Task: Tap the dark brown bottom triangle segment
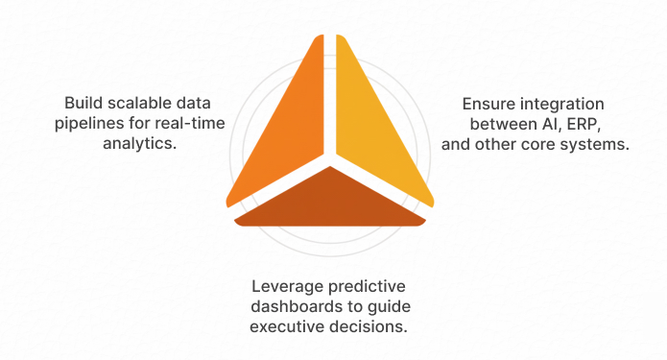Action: (329, 202)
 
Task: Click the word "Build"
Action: (83, 103)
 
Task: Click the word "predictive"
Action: (363, 287)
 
